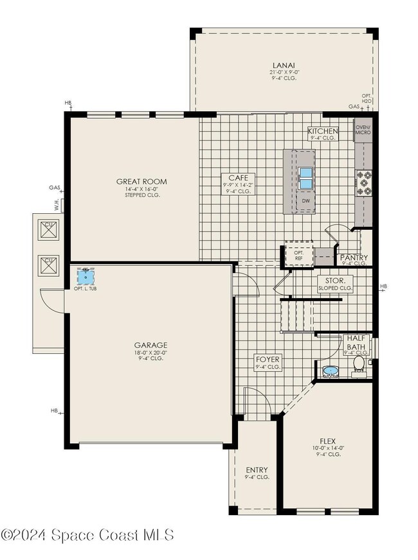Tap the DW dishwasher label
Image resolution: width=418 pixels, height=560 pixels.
[x=306, y=200]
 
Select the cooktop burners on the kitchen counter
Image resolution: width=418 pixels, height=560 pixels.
[x=364, y=182]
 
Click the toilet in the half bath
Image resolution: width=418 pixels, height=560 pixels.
[x=359, y=365]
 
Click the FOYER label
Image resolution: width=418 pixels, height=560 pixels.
[x=267, y=363]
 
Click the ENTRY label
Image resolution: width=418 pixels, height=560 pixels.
[x=257, y=473]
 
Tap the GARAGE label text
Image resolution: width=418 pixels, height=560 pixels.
[x=150, y=348]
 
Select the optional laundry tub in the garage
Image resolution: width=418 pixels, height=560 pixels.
[x=86, y=277]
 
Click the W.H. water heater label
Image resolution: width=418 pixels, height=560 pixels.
[x=57, y=206]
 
